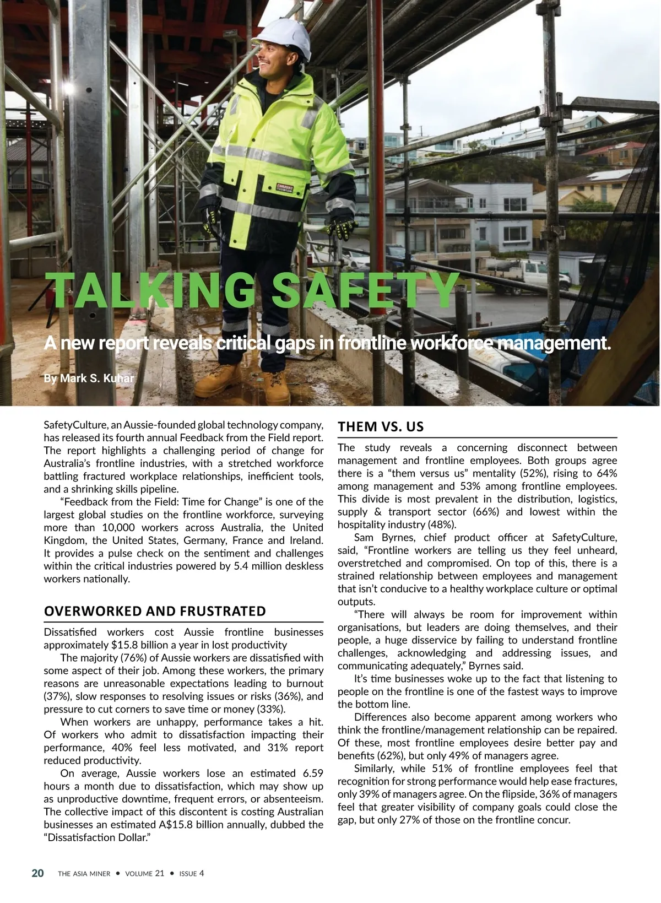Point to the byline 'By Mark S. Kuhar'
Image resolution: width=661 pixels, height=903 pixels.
tap(89, 378)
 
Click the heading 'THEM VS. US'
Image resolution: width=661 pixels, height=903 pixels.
tap(381, 427)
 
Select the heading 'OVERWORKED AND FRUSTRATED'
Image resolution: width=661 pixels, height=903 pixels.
tap(155, 611)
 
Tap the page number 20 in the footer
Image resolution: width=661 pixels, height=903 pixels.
tap(37, 873)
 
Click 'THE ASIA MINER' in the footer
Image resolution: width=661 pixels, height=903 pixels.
tap(84, 874)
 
